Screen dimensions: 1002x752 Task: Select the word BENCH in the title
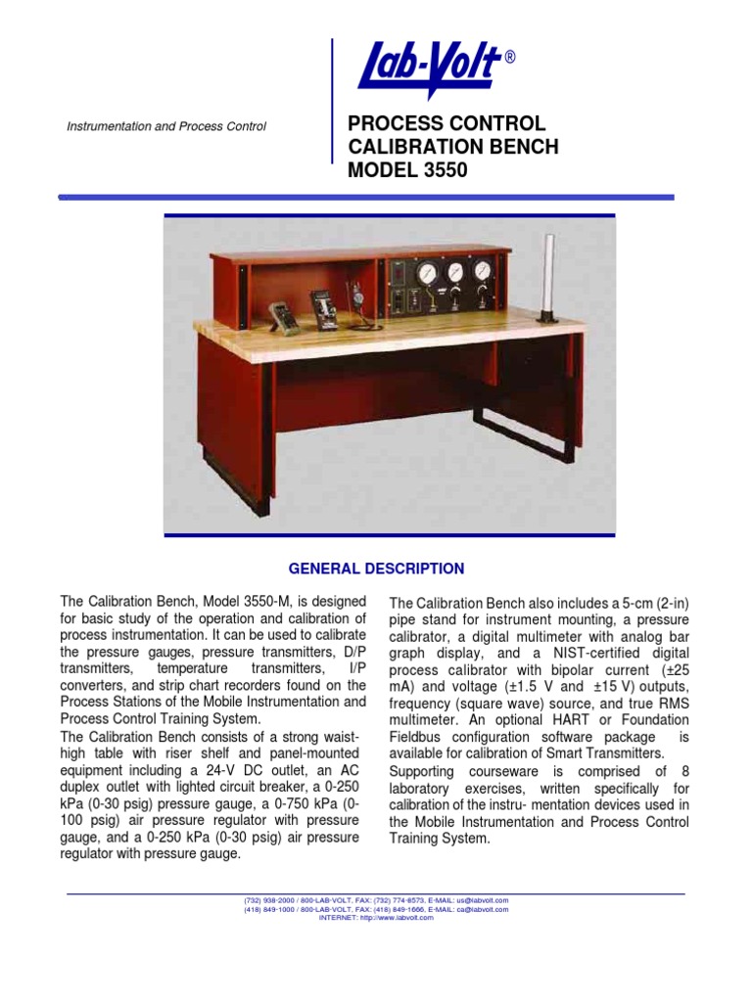pyautogui.click(x=524, y=147)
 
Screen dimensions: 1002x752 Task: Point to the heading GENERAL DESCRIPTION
pyautogui.click(x=376, y=569)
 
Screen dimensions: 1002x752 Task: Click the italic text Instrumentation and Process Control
pyautogui.click(x=165, y=127)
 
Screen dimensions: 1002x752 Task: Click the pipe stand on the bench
pyautogui.click(x=548, y=276)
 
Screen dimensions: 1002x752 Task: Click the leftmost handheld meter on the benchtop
pyautogui.click(x=284, y=315)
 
